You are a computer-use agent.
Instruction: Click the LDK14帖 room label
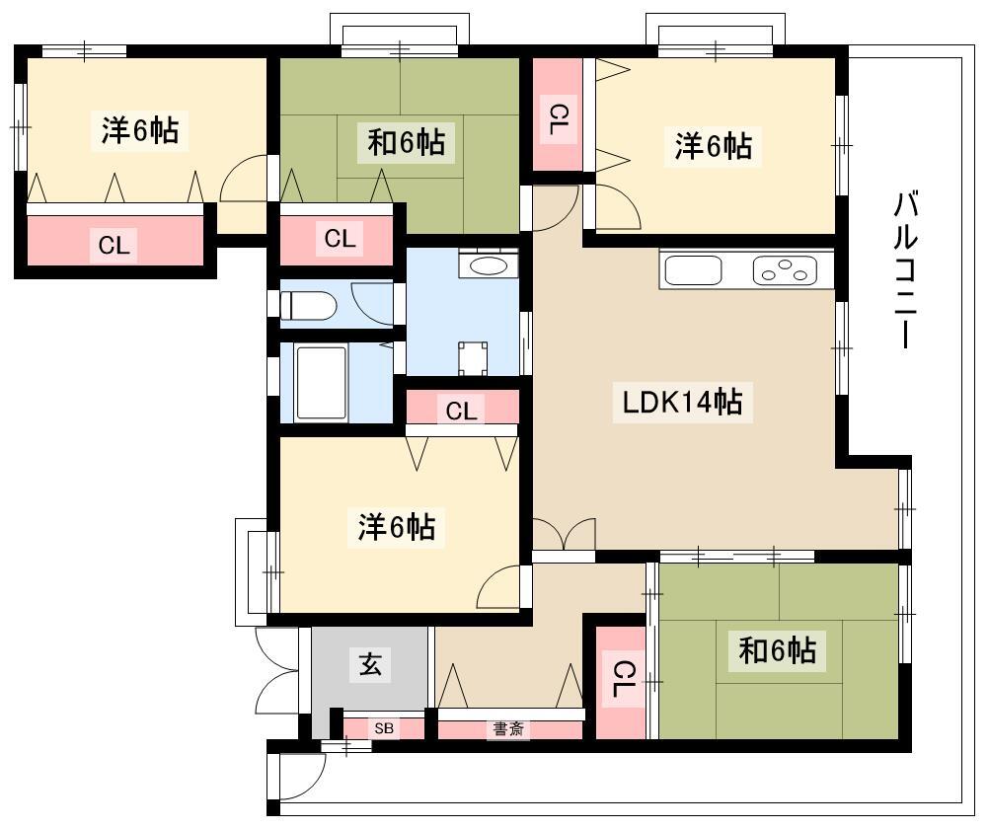[682, 402]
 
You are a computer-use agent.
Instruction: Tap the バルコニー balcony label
[905, 270]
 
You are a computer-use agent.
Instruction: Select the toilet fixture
[308, 305]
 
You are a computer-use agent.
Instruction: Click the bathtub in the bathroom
[322, 382]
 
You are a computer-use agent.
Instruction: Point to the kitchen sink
[693, 270]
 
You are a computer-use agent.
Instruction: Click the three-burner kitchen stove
[785, 270]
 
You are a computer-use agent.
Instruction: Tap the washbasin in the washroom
[489, 265]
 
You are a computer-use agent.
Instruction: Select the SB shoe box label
[384, 728]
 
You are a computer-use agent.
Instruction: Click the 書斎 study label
[508, 729]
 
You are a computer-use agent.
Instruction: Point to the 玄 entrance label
[370, 664]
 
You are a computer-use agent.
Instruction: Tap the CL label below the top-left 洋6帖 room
[114, 245]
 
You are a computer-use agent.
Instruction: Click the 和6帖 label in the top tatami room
[407, 142]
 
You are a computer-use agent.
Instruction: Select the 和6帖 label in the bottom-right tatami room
[778, 649]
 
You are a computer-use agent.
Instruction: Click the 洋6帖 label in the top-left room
[140, 129]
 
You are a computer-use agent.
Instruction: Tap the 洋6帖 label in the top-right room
[714, 146]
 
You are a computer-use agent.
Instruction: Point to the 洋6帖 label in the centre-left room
[397, 527]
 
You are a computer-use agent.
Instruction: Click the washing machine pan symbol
[473, 358]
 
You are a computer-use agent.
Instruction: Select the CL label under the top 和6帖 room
[340, 238]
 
